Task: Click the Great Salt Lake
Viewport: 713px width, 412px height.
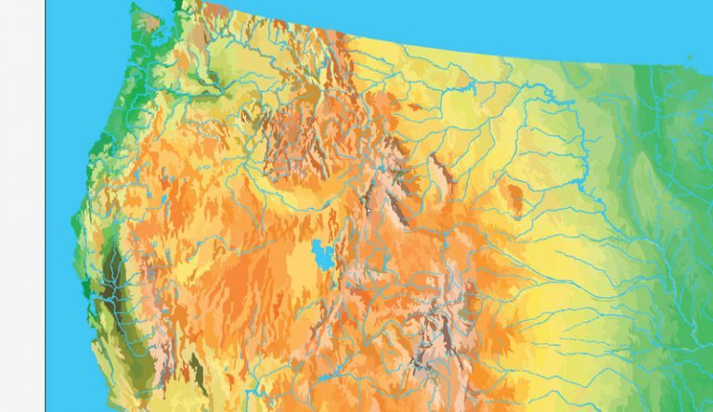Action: tap(323, 252)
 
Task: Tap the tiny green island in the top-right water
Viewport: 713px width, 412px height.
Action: tap(690, 58)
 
